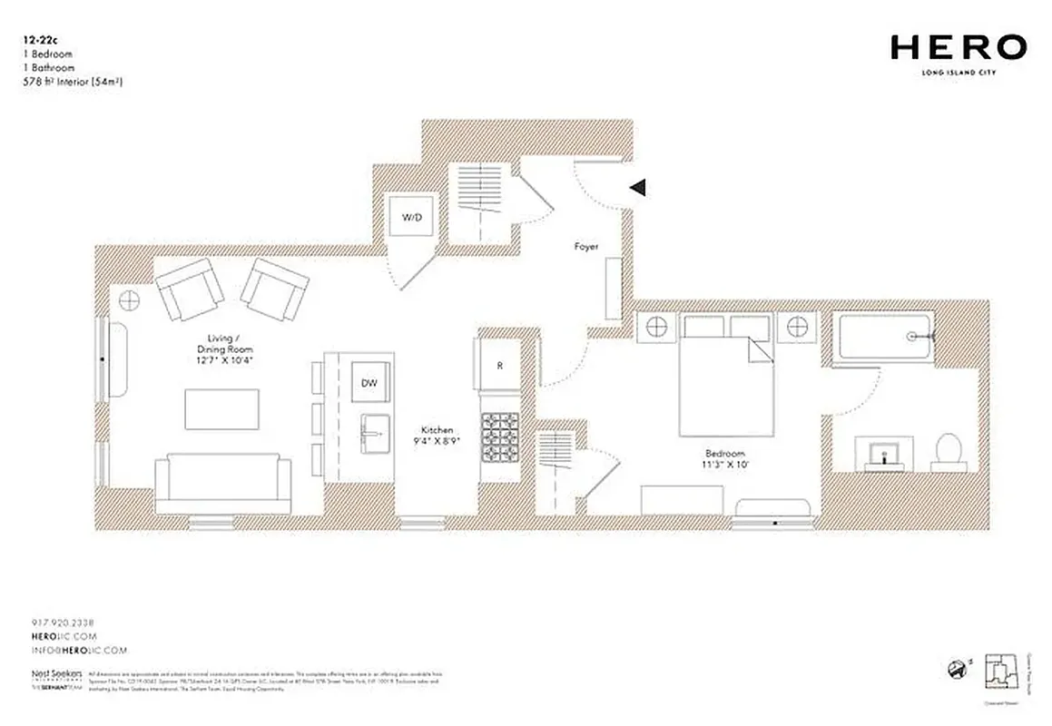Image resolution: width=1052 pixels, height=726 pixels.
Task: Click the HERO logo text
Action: tap(958, 47)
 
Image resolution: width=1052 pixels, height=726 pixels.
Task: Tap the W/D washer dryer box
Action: tap(412, 218)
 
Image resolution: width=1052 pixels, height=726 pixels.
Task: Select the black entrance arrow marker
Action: tap(638, 188)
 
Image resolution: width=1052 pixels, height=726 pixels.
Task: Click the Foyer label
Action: tap(585, 247)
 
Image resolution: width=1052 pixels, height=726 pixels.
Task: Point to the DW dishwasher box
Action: tap(369, 383)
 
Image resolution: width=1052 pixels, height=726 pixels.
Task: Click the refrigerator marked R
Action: tap(499, 367)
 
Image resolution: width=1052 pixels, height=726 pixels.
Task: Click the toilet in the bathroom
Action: tap(949, 450)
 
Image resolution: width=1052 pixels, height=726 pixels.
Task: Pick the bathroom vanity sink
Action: tap(880, 453)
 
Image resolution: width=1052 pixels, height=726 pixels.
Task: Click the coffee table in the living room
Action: tap(222, 409)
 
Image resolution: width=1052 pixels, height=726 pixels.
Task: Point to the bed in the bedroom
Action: tap(726, 372)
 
